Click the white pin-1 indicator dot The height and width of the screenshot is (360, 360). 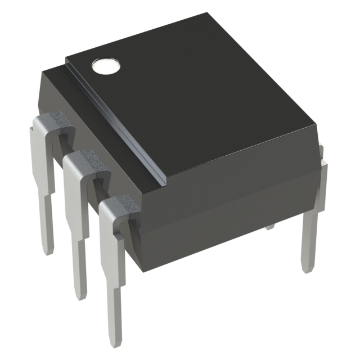click(106, 66)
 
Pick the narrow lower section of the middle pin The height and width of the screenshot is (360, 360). click(79, 270)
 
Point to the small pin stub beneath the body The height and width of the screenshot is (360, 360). click(271, 227)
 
